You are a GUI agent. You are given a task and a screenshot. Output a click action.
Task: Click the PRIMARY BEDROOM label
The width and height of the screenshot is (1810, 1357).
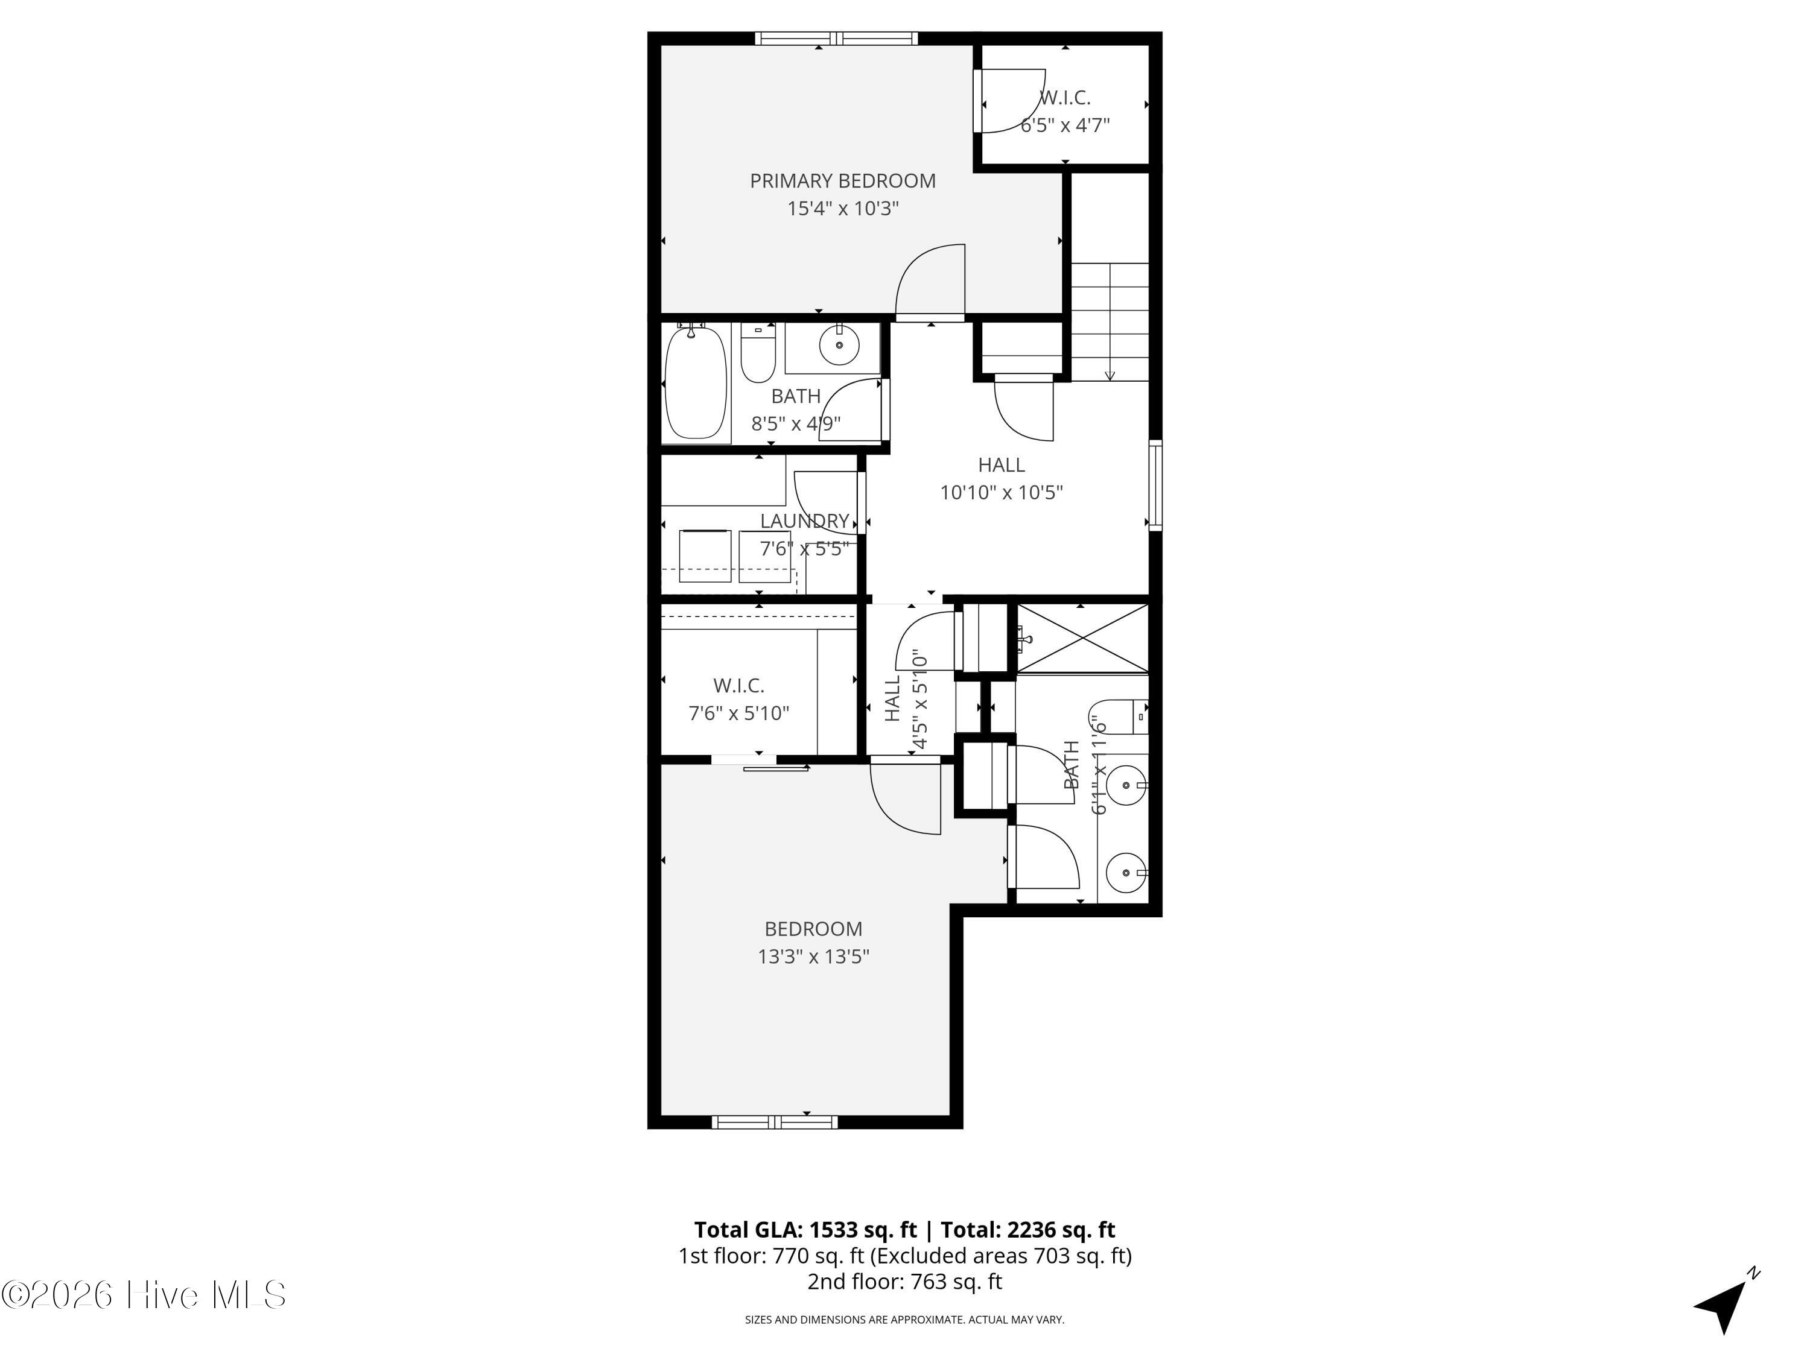(843, 181)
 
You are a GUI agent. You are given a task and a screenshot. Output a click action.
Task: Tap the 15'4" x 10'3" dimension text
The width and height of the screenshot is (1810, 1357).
(843, 209)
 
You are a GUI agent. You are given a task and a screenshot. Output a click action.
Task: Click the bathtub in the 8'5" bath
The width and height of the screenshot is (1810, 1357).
(696, 382)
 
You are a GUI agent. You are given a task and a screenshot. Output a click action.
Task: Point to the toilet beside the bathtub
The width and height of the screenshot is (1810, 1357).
(758, 353)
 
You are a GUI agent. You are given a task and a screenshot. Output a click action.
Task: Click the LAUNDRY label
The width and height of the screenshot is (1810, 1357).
(804, 521)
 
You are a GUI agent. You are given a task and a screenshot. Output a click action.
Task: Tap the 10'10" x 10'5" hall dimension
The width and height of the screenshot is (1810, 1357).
(1002, 492)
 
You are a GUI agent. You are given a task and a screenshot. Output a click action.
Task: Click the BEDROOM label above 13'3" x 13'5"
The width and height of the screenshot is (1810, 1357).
(813, 929)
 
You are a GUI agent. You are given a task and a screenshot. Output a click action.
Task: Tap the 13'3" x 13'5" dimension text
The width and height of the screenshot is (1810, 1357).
(813, 956)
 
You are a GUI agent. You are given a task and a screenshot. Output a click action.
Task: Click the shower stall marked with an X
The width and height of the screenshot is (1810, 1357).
(1082, 639)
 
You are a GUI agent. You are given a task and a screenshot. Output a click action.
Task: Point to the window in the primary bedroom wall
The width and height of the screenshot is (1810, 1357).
(836, 37)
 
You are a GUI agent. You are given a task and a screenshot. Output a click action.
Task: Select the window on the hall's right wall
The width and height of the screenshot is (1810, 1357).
(1155, 485)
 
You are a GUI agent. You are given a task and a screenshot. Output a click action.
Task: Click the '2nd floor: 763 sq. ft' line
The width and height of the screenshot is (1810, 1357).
(905, 1282)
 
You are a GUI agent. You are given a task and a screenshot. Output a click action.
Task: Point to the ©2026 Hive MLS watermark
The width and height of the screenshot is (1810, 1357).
(144, 1295)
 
